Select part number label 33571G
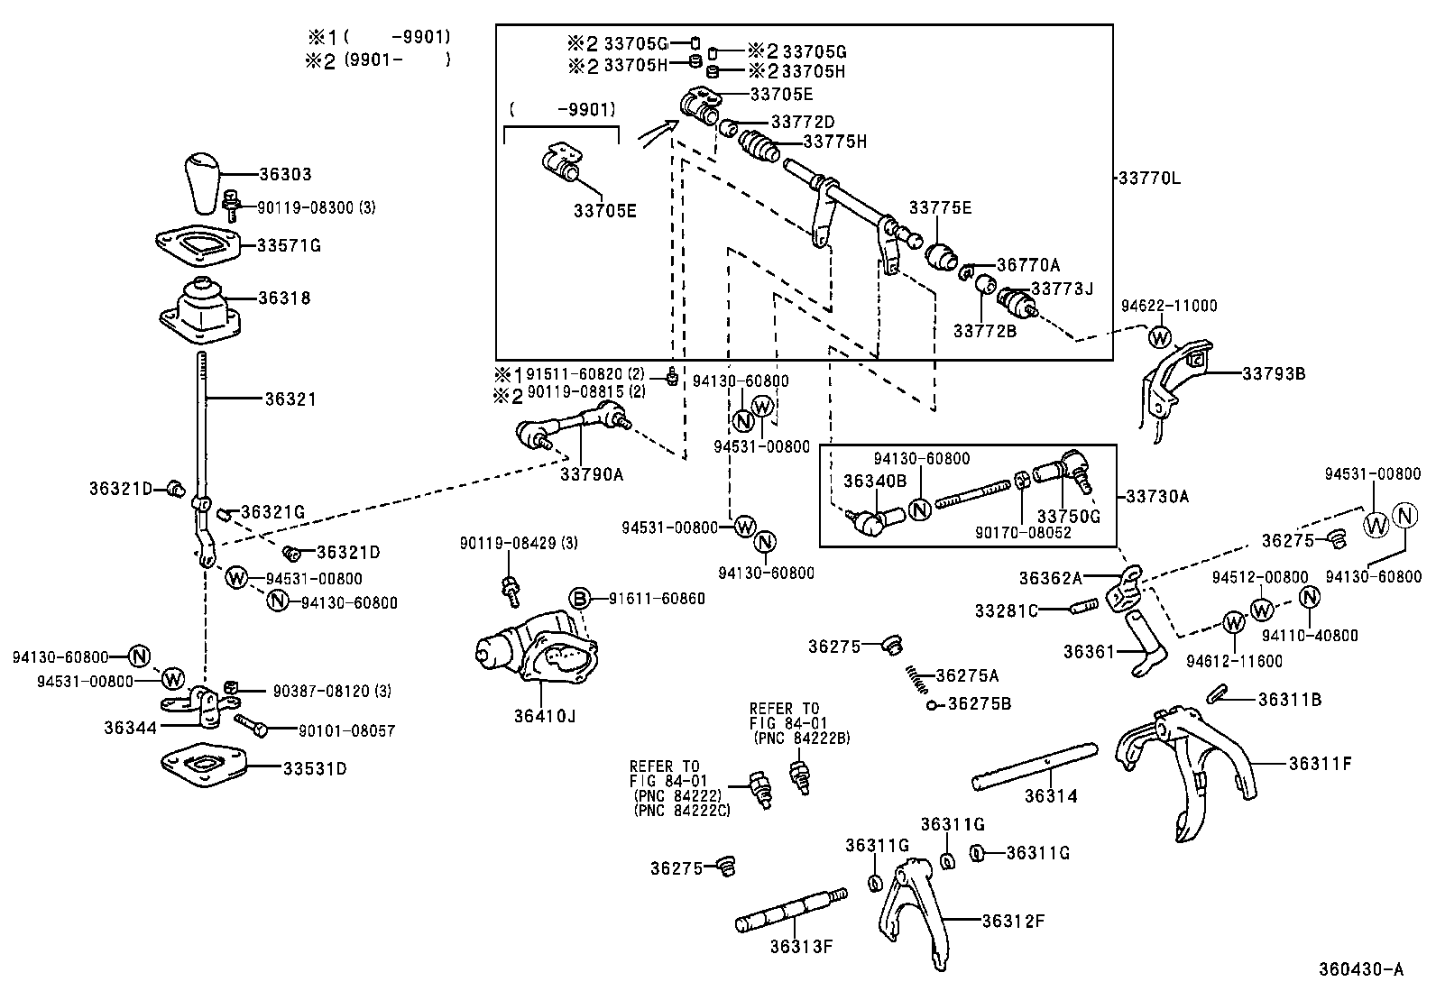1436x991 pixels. (289, 245)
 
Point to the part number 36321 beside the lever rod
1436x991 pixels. (290, 398)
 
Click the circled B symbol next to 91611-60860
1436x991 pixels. (579, 599)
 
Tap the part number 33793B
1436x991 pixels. (1274, 373)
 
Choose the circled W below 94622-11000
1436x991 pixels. (1160, 337)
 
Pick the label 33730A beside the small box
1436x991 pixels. (1157, 496)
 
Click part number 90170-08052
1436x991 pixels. (1022, 533)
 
